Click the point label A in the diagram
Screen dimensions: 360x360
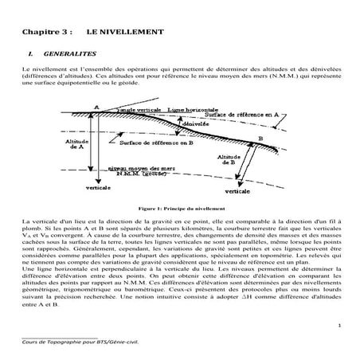coord(96,107)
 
